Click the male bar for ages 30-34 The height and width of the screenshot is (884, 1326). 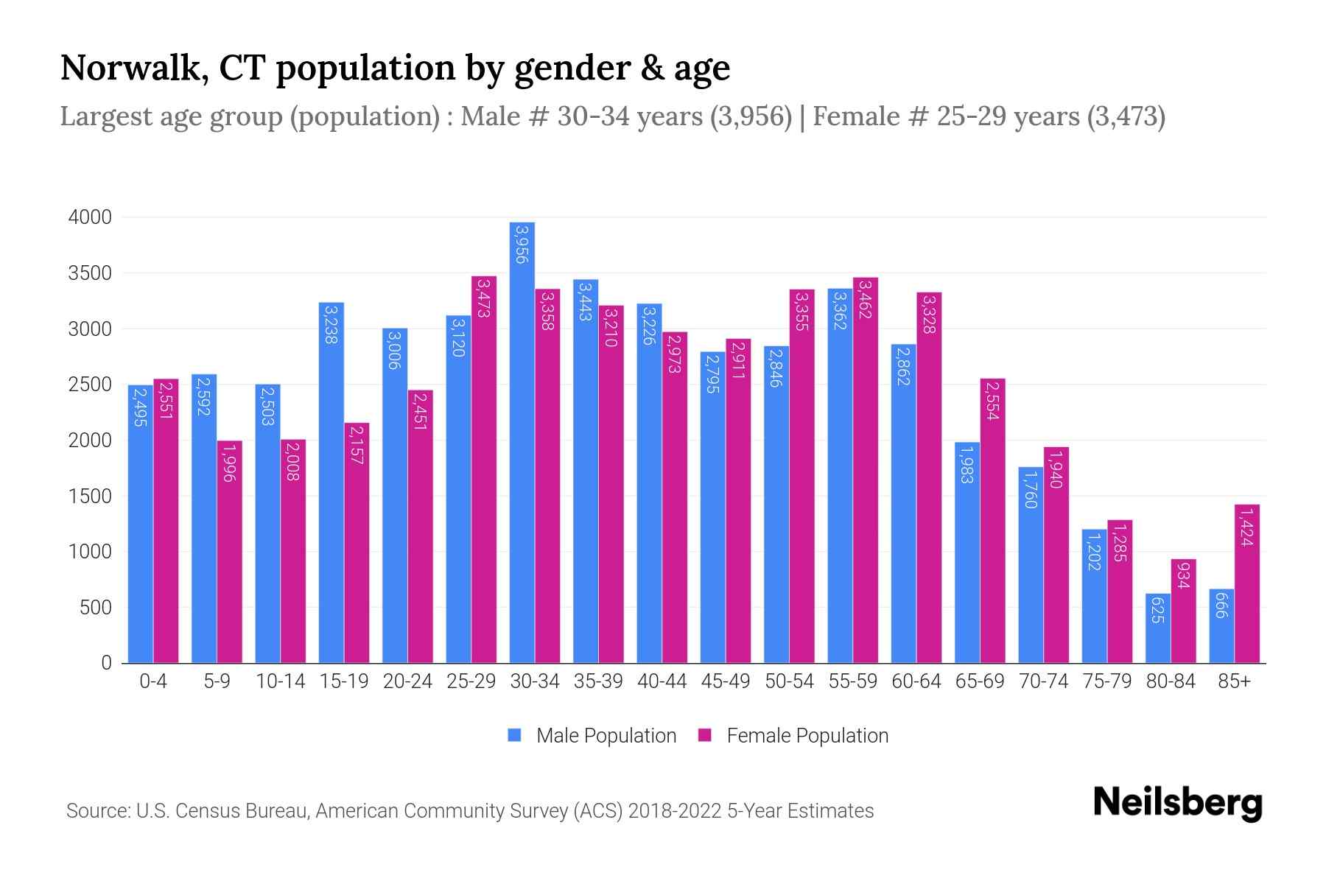522,442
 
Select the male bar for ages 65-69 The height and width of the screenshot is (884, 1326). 967,552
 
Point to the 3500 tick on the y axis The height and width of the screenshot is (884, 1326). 89,273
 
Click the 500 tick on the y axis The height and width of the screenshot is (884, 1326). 95,608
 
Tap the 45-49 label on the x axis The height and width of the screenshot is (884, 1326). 726,681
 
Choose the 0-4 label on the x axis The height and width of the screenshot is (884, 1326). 153,681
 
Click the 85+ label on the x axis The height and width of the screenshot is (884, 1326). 1234,681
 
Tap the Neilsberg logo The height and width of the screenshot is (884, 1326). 1177,803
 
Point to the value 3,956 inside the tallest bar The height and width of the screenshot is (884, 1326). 522,245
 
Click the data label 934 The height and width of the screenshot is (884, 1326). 1183,575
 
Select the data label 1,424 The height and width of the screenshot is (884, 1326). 1246,526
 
